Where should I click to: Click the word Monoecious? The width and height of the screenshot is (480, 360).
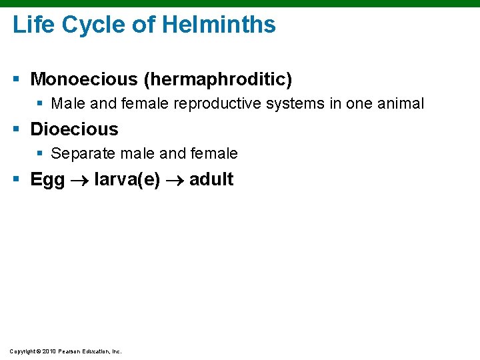coord(84,80)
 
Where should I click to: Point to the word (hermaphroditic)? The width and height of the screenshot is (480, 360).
coord(218,80)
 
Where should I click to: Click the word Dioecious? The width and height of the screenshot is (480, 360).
coord(74,129)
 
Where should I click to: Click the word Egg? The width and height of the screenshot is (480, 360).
coord(47,180)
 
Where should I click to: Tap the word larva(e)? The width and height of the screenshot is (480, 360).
coord(127,179)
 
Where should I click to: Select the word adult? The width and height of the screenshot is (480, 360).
coord(211,179)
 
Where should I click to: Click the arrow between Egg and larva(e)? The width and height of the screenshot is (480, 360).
coord(79,180)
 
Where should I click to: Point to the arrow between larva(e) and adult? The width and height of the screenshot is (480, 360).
coord(175,180)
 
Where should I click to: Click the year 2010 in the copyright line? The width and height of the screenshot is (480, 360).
coord(49,351)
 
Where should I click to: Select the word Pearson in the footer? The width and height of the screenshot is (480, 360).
coord(70,351)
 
